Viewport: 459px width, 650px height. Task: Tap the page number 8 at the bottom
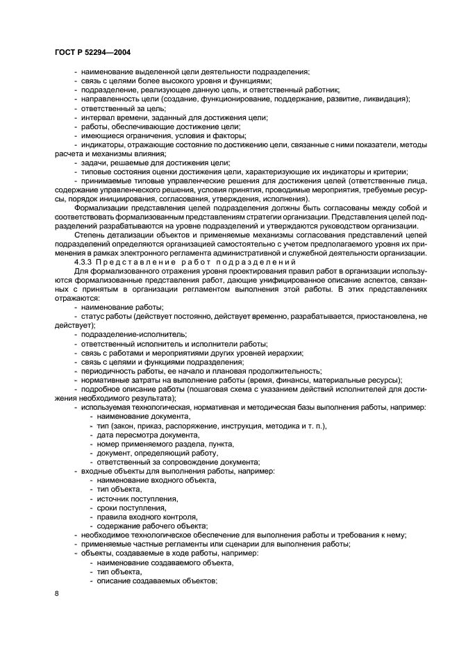point(56,592)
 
